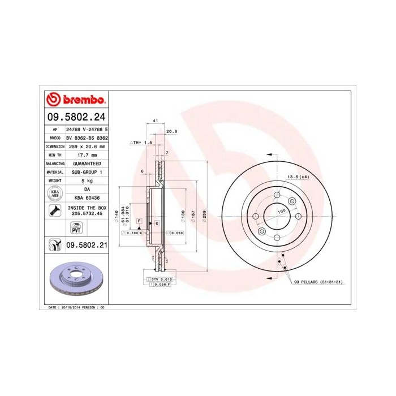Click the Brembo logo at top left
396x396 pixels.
[x=76, y=99]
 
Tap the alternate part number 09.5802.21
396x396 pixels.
[x=87, y=245]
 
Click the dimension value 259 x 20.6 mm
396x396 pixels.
[x=87, y=146]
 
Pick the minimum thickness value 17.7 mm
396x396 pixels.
[x=87, y=154]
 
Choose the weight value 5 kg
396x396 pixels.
[x=87, y=180]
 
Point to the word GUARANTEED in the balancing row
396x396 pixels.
[x=87, y=163]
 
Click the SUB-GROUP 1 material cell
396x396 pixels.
[x=87, y=171]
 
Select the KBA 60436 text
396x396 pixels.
[x=87, y=197]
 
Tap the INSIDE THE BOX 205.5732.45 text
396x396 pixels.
[x=87, y=211]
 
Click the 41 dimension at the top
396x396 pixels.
[x=156, y=121]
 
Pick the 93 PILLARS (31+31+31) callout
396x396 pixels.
[x=320, y=281]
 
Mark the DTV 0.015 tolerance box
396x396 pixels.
[x=164, y=279]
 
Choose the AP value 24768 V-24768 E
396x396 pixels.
[x=87, y=129]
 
